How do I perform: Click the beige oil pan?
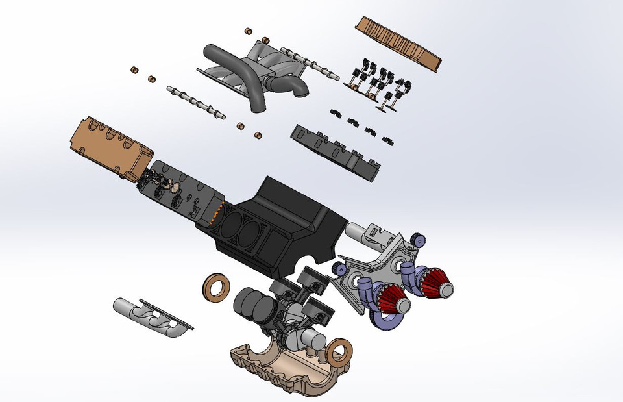click(279, 367)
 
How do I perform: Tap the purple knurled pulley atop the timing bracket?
click(417, 240)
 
